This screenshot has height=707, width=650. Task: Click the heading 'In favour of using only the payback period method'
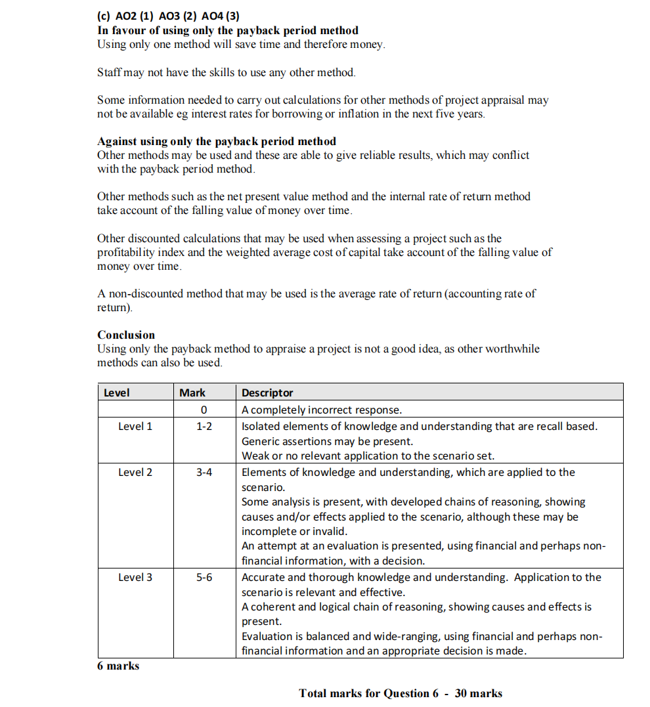pos(228,30)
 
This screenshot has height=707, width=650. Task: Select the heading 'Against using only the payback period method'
pos(217,141)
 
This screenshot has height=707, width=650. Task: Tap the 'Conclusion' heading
pos(126,335)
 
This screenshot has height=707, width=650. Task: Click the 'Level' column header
pos(117,393)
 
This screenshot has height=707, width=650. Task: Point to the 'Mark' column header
pos(192,393)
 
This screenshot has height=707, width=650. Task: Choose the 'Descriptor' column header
pos(267,393)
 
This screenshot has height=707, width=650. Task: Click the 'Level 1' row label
pos(135,427)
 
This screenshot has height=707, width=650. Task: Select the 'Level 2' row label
pos(135,473)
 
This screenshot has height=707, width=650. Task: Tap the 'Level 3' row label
pos(135,578)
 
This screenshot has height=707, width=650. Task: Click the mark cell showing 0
pos(204,410)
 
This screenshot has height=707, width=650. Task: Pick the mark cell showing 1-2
pos(204,427)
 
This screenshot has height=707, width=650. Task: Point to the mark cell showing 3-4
pos(204,473)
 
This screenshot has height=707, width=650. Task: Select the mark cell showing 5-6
pos(204,578)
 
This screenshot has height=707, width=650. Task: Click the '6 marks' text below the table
pos(118,666)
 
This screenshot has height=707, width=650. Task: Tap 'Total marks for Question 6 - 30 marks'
pos(401,693)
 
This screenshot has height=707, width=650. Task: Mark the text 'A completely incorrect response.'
pos(322,410)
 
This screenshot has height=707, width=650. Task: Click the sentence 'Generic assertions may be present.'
pos(327,441)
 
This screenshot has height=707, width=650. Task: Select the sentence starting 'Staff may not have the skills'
pos(227,72)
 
